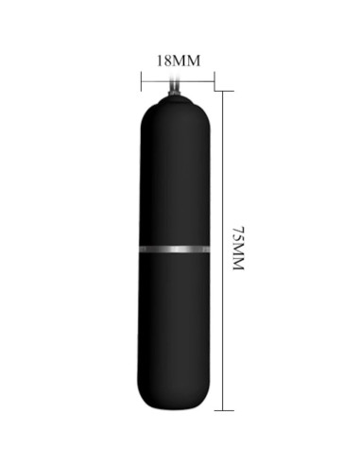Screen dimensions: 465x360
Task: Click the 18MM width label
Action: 179,60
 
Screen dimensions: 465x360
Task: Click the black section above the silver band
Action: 175,180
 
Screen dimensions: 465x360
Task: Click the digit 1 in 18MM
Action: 160,60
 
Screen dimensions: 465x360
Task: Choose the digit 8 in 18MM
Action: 168,60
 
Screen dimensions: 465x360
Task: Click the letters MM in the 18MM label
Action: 188,60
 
